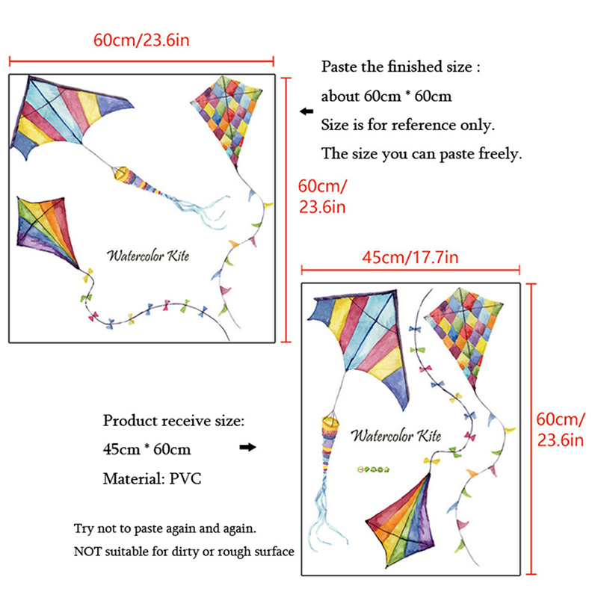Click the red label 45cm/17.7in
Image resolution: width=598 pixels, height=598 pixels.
coord(410,257)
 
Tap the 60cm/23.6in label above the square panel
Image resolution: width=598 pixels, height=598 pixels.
coord(141,40)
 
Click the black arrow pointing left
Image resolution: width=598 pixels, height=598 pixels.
coord(306,111)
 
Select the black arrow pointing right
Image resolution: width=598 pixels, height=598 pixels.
coord(247,447)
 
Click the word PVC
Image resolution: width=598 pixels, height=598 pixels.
coord(185,478)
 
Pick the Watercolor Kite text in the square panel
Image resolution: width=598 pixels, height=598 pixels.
coord(148,256)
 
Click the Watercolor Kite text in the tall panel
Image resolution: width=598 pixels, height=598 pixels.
coord(396,435)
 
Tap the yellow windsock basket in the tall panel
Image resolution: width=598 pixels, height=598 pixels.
coord(330,422)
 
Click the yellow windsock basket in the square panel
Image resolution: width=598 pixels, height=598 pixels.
coord(121,173)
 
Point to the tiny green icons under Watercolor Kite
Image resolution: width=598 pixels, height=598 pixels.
coord(373,469)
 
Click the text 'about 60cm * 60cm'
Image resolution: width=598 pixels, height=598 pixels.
coord(386,96)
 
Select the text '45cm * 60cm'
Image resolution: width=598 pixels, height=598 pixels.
coord(147,449)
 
